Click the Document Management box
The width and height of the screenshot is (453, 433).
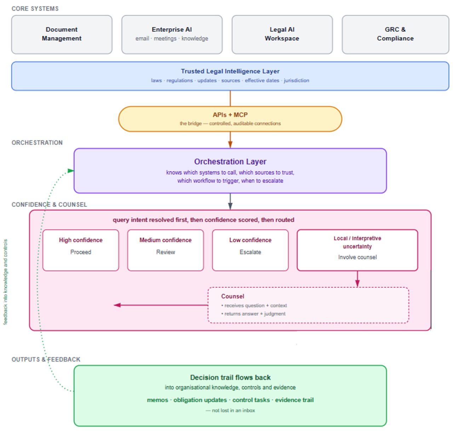pyautogui.click(x=62, y=34)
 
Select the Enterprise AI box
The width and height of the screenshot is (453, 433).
pyautogui.click(x=171, y=34)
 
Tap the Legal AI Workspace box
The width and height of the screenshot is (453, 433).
pyautogui.click(x=282, y=34)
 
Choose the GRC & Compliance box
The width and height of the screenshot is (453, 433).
pyautogui.click(x=395, y=34)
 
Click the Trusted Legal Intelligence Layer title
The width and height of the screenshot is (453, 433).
pyautogui.click(x=230, y=71)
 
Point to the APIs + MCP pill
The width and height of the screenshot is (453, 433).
pyautogui.click(x=230, y=119)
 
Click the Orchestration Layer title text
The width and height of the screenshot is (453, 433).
pyautogui.click(x=230, y=161)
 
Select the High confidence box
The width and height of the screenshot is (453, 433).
pyautogui.click(x=81, y=250)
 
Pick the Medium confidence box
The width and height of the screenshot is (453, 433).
pyautogui.click(x=165, y=250)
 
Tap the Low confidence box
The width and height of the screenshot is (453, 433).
pyautogui.click(x=250, y=250)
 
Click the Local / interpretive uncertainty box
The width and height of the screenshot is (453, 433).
pyautogui.click(x=357, y=250)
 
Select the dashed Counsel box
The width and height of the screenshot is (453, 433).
pyautogui.click(x=308, y=305)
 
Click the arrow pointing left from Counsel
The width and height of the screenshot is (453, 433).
pyautogui.click(x=160, y=305)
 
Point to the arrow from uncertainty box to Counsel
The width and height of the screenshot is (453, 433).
pyautogui.click(x=357, y=279)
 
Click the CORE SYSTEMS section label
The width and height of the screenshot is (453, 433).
pyautogui.click(x=35, y=9)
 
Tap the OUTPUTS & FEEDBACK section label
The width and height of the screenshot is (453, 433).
pyautogui.click(x=46, y=359)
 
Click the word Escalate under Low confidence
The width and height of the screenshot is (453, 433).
pyautogui.click(x=250, y=252)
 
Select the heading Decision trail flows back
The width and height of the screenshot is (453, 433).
pyautogui.click(x=230, y=377)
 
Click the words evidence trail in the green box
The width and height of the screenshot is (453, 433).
pyautogui.click(x=294, y=400)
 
